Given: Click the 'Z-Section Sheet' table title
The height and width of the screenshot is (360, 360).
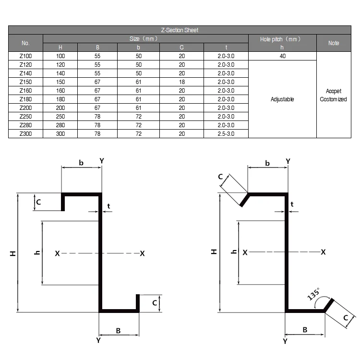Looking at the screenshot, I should (x=180, y=30).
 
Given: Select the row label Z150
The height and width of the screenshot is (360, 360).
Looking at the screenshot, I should (x=25, y=82).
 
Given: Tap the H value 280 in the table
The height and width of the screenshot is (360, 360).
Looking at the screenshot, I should (x=60, y=125).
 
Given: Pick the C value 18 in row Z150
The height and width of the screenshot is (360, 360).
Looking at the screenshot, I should (x=182, y=82).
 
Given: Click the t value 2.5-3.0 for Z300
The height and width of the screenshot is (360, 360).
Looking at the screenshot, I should (x=226, y=134).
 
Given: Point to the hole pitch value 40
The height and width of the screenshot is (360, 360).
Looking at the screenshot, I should (x=282, y=56).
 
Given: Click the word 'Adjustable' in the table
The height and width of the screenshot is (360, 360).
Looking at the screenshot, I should (x=282, y=99).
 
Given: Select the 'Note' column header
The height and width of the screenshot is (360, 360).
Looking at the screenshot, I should (x=334, y=43).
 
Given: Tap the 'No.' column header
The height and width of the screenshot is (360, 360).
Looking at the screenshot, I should (x=25, y=43).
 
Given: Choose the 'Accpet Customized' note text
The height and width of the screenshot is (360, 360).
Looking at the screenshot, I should (x=333, y=95).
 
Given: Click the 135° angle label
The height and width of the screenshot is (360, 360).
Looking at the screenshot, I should (x=313, y=294).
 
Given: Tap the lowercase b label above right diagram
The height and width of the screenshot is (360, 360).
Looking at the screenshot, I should (x=267, y=163).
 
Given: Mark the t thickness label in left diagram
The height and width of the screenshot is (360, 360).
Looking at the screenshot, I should (x=109, y=206).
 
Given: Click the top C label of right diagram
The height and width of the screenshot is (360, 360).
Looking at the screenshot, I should (x=220, y=177).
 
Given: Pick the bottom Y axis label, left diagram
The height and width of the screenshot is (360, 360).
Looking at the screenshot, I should (x=98, y=340).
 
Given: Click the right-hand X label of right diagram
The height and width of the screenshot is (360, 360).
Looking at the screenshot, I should (x=324, y=252).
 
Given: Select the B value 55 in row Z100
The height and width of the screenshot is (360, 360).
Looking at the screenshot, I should (x=97, y=56).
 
